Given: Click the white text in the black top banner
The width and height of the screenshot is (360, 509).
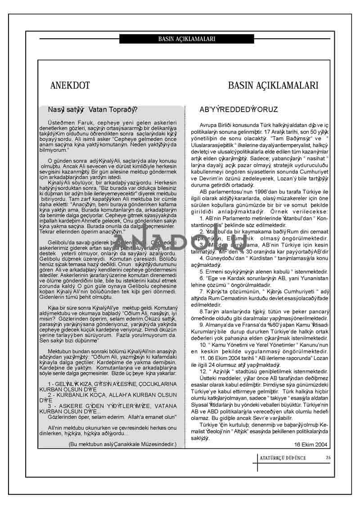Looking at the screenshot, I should (187, 39).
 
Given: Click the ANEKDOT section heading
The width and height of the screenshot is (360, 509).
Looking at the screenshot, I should (70, 86).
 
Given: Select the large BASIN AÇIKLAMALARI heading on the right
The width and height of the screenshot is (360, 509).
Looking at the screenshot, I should (273, 86).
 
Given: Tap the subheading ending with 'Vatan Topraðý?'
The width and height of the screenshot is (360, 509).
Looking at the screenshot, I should (94, 110).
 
